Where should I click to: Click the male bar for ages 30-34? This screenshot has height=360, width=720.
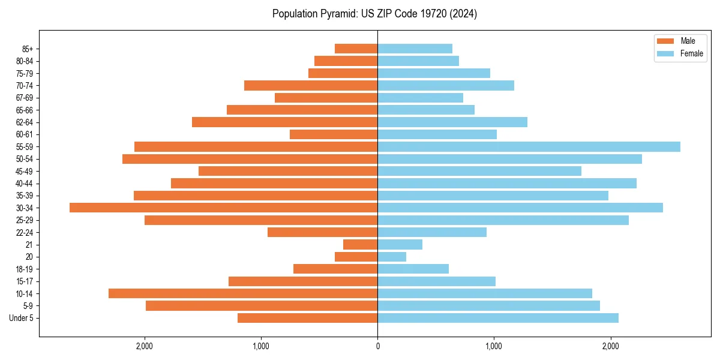click(x=223, y=208)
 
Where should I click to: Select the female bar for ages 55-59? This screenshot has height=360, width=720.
click(x=529, y=146)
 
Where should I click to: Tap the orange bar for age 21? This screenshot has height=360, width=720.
click(x=360, y=245)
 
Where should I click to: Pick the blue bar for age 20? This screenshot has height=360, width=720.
click(x=392, y=257)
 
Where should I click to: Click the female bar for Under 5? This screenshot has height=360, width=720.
click(x=498, y=318)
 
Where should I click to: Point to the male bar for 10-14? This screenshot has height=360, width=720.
click(x=243, y=293)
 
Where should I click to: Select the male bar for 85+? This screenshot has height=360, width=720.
click(x=356, y=49)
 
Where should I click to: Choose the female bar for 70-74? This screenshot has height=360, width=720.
click(x=446, y=85)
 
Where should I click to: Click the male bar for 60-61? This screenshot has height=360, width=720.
click(x=334, y=134)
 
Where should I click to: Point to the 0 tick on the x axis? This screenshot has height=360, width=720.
click(x=377, y=346)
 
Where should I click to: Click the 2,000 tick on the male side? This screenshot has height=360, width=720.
click(x=145, y=346)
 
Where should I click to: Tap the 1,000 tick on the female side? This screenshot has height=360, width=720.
click(x=494, y=346)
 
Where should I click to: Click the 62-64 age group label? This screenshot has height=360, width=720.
click(x=25, y=122)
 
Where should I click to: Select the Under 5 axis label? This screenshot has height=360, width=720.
click(x=22, y=318)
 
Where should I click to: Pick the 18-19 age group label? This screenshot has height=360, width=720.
click(x=25, y=269)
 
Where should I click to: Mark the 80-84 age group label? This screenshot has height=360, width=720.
click(x=25, y=61)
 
